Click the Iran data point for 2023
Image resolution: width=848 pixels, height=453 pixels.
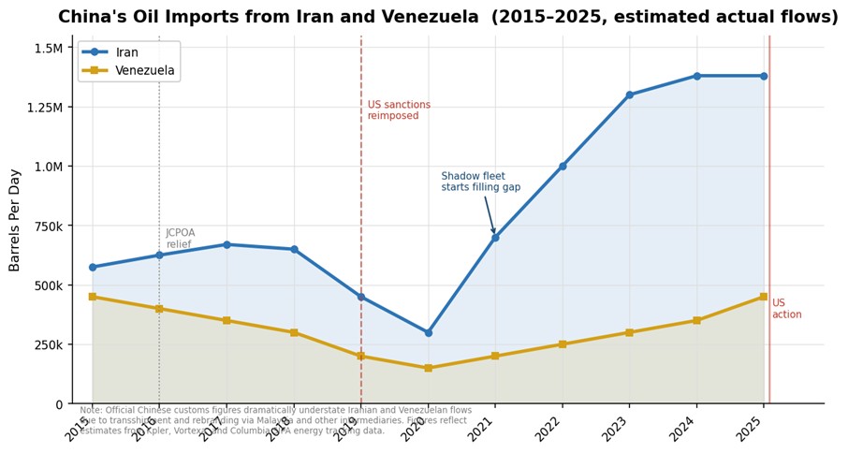[629, 95]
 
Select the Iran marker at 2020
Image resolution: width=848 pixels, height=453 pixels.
[428, 332]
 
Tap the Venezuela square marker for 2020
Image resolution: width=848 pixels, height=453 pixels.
[428, 368]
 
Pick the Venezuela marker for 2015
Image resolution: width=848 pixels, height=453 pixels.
[92, 297]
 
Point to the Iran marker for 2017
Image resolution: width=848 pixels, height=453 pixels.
[227, 244]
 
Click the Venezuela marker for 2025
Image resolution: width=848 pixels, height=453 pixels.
[764, 297]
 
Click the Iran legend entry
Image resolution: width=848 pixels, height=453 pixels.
[126, 52]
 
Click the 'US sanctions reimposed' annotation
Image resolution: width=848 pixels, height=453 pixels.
[399, 110]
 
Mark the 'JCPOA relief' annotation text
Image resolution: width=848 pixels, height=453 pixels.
[181, 239]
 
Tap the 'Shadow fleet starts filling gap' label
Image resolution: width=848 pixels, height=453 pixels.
[480, 182]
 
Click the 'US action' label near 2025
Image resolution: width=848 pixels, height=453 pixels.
[786, 309]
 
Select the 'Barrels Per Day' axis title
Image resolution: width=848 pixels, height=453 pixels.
[16, 220]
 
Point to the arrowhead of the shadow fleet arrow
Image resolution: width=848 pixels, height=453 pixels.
[493, 233]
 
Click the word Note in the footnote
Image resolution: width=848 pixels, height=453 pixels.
[91, 410]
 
